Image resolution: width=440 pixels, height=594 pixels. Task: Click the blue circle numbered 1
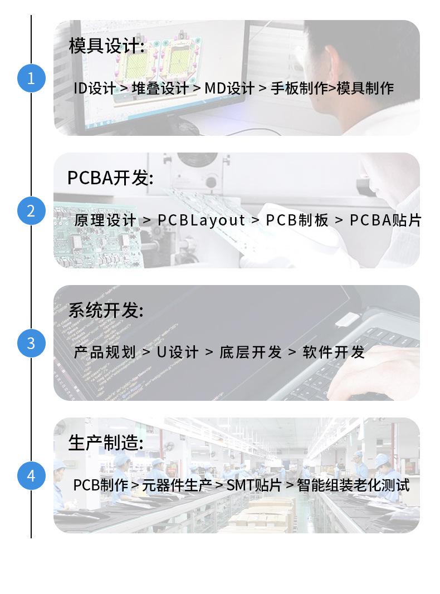click(31, 78)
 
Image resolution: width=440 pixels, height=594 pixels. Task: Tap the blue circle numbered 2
click(31, 210)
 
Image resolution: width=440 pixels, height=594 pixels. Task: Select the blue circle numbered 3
click(31, 343)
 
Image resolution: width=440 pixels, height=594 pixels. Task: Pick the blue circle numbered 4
click(31, 476)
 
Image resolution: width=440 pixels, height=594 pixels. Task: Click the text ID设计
click(94, 89)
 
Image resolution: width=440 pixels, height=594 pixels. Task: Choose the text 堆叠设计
click(160, 89)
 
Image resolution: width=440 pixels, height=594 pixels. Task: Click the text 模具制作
click(365, 89)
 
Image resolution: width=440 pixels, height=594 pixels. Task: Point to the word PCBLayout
click(201, 220)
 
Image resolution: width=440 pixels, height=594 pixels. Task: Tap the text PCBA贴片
click(385, 220)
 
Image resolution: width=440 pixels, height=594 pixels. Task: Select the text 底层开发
click(251, 352)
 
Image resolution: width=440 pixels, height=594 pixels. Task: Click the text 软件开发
click(334, 352)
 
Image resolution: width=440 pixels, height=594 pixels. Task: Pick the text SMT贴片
click(254, 485)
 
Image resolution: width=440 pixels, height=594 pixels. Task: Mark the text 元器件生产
click(177, 485)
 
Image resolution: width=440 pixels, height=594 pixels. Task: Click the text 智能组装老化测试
click(353, 485)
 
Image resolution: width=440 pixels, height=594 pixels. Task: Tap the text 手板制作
click(299, 89)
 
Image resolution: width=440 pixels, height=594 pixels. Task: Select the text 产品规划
click(105, 352)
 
